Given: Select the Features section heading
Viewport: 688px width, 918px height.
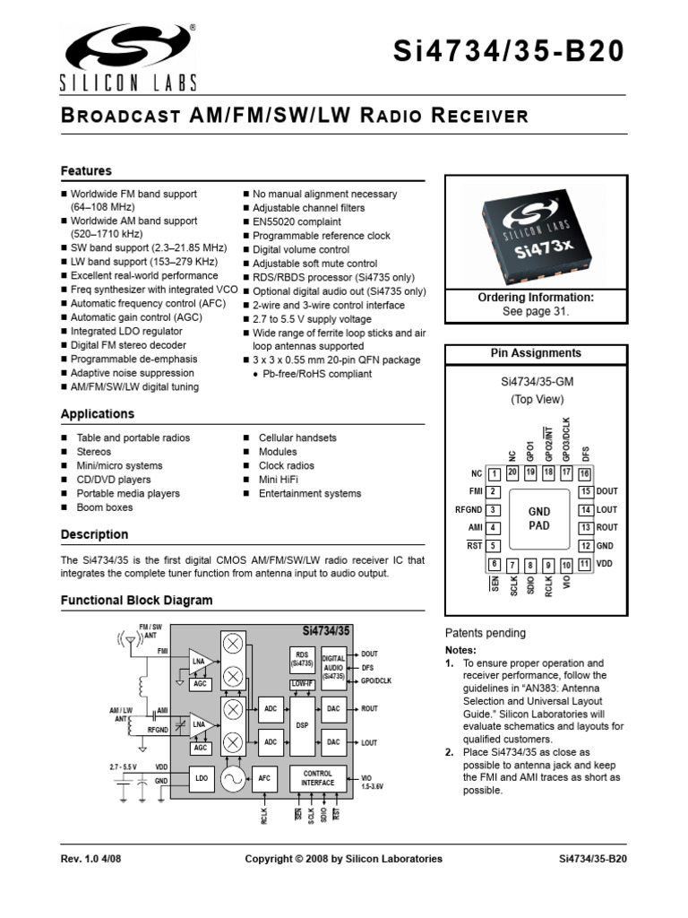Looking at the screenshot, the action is [x=86, y=170].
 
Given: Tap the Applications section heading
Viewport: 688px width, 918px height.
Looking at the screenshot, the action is [x=97, y=414].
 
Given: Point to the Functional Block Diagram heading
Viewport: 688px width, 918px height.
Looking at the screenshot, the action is [x=136, y=601].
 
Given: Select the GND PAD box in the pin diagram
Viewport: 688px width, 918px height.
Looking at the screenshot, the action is [x=538, y=519].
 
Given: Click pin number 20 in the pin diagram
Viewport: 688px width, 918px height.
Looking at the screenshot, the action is [x=512, y=472].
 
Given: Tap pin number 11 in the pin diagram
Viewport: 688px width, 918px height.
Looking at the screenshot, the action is [x=584, y=564].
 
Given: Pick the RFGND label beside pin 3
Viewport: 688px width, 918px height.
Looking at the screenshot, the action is [x=469, y=510].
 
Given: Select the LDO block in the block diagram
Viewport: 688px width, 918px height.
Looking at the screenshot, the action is [x=202, y=779].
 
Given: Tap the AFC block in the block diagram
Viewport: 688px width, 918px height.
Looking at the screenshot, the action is [x=264, y=779].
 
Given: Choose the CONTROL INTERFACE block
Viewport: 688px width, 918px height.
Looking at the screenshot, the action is [x=318, y=778].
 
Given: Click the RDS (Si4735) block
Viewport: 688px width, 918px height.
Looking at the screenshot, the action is [x=301, y=659].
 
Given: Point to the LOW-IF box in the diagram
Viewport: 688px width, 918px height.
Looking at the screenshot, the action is [x=302, y=683].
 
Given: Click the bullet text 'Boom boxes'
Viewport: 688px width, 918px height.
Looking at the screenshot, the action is [x=104, y=507].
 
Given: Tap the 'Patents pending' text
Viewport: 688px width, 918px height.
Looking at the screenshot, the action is [x=486, y=633].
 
